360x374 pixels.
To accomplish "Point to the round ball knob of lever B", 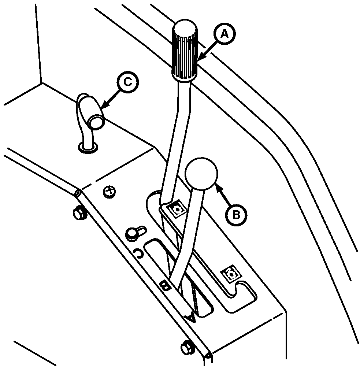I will click(x=201, y=174).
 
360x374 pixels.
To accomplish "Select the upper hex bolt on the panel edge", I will click(x=78, y=213).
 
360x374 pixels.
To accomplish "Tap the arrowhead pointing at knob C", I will click(x=104, y=107).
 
